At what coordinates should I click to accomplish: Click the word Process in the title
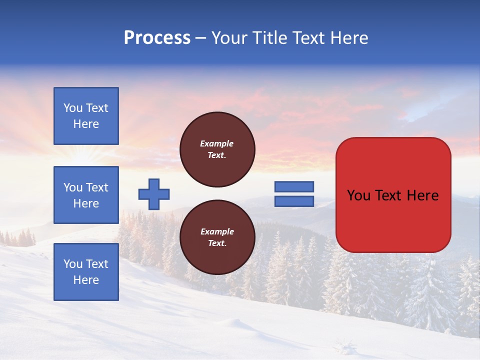point(157,38)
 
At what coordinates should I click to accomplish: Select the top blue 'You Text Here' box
point(86,116)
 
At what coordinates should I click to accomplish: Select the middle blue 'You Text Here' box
point(86,195)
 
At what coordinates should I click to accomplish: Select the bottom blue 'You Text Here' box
point(86,271)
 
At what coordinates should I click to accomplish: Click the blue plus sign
point(154,194)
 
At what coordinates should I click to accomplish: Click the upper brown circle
point(217,149)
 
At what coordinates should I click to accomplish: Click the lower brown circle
point(217,237)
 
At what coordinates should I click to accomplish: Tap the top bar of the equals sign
point(294,187)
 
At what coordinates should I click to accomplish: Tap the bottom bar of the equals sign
point(294,201)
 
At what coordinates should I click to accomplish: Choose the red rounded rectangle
point(393,220)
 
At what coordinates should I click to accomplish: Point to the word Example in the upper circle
point(217,143)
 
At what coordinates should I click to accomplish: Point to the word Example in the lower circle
point(217,231)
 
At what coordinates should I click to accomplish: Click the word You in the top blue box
point(73,108)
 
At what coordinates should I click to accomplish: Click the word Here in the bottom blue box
point(86,280)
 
